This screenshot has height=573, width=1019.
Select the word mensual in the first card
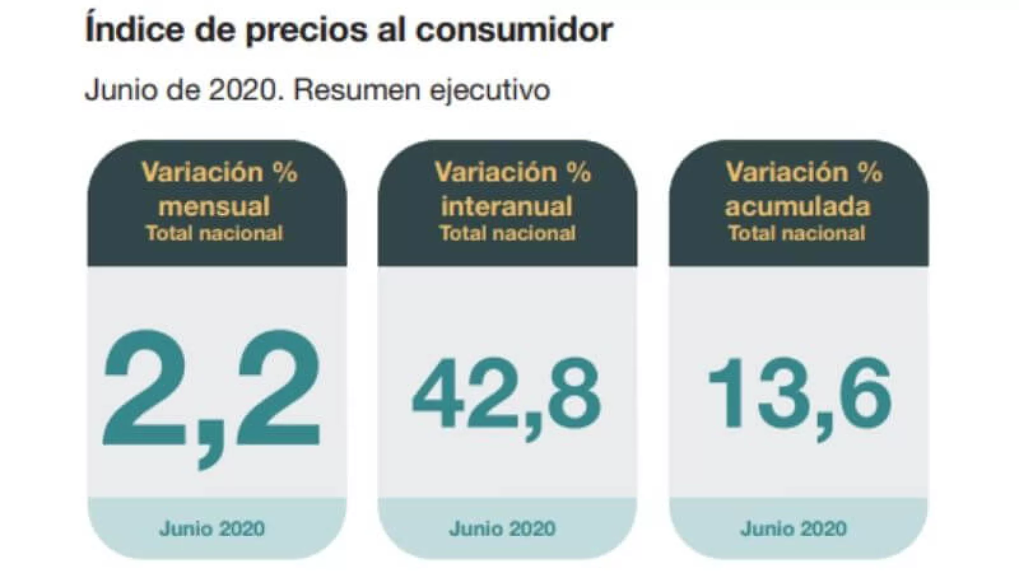tap(215, 206)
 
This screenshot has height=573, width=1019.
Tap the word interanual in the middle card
tap(507, 206)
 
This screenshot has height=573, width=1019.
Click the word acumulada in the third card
tap(797, 206)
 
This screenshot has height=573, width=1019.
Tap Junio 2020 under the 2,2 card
tap(212, 528)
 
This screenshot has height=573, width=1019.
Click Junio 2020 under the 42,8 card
tap(502, 528)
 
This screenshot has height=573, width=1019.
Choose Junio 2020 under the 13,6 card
tap(794, 528)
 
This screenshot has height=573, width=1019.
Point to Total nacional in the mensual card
tap(215, 233)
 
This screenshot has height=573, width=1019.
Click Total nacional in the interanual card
tap(507, 233)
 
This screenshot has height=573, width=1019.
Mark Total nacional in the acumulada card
tap(797, 233)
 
